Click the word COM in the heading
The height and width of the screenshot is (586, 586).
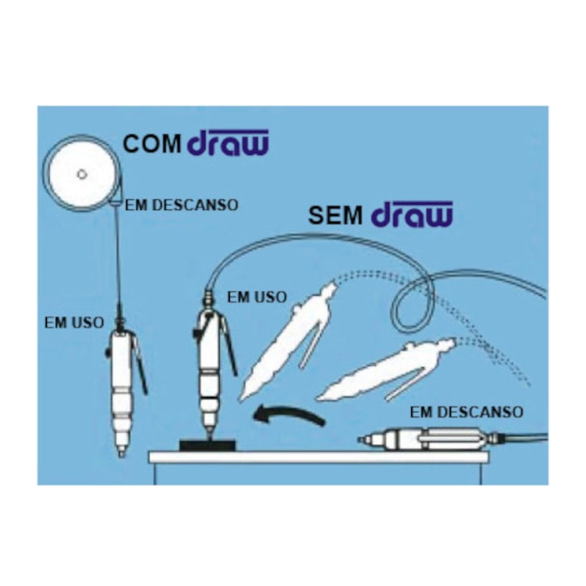(151, 144)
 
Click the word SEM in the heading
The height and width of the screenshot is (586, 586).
(335, 215)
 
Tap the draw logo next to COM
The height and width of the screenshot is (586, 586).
(227, 142)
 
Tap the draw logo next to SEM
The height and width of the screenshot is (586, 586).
(412, 215)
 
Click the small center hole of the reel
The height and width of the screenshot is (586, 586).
(82, 174)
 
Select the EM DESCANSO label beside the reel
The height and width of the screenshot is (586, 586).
(181, 206)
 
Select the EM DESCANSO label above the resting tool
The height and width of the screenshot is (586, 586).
(466, 412)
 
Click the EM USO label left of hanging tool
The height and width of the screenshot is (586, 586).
(74, 323)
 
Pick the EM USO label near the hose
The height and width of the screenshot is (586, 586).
(257, 298)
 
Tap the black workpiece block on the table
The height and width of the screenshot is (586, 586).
(207, 445)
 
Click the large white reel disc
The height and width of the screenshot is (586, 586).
(82, 174)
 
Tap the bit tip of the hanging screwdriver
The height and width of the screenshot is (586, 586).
(121, 453)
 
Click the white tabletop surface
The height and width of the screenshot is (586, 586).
(318, 457)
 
